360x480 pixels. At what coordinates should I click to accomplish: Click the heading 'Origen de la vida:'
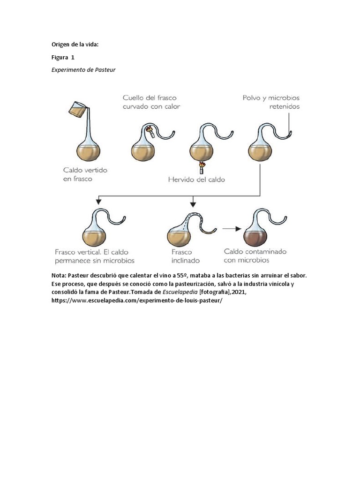pyautogui.click(x=75, y=45)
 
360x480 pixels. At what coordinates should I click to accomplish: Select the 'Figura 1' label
pyautogui.click(x=63, y=57)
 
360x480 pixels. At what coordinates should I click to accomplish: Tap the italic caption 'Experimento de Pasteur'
pyautogui.click(x=83, y=70)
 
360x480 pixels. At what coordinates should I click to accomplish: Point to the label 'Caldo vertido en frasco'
pyautogui.click(x=85, y=174)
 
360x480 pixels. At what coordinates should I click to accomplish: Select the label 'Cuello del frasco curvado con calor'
pyautogui.click(x=151, y=102)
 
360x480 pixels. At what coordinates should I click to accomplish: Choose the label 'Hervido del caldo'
pyautogui.click(x=197, y=179)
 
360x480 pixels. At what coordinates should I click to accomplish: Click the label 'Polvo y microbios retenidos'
pyautogui.click(x=271, y=102)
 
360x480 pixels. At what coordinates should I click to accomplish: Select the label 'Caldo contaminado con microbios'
pyautogui.click(x=255, y=255)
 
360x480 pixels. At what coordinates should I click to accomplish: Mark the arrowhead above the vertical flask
pyautogui.click(x=98, y=201)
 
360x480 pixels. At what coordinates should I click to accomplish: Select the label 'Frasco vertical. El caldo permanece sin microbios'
pyautogui.click(x=94, y=255)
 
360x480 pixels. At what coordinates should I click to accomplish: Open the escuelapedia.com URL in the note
pyautogui.click(x=136, y=300)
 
